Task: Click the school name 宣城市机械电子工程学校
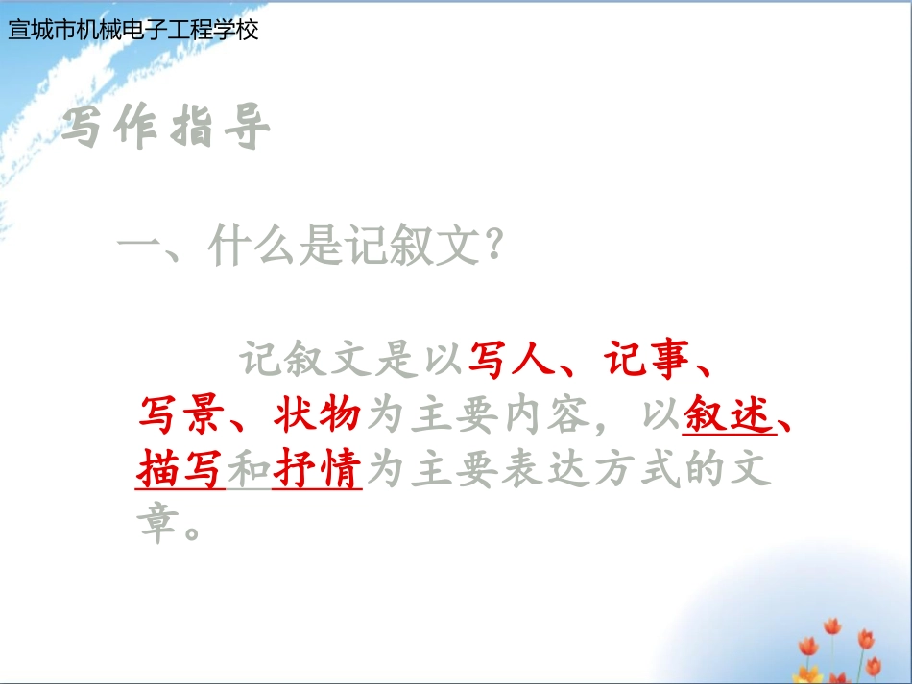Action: tap(133, 30)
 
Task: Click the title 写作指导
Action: tap(165, 130)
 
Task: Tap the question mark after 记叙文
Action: tap(492, 249)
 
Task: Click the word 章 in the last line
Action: tap(158, 524)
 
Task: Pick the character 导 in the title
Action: tap(248, 130)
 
